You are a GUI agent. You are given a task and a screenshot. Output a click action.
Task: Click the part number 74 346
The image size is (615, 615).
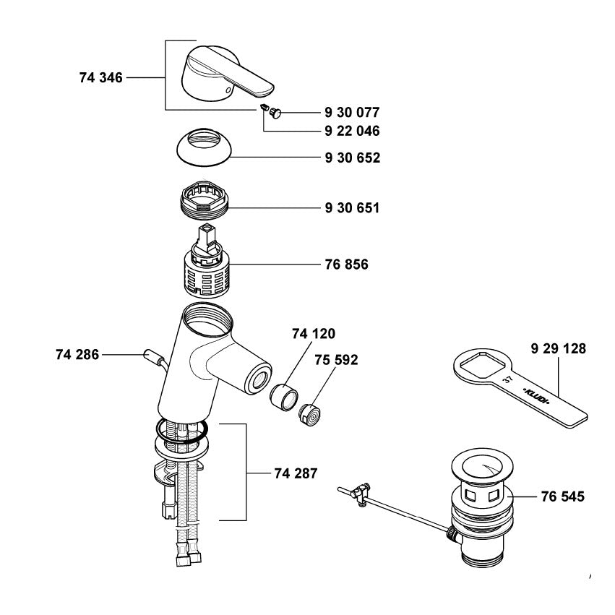pos(101,77)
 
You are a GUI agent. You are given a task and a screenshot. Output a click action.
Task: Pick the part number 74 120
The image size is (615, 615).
pos(314,334)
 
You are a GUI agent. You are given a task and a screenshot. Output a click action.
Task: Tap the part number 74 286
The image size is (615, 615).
pos(77,354)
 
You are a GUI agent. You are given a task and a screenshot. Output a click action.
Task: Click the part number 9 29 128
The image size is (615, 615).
pos(557,348)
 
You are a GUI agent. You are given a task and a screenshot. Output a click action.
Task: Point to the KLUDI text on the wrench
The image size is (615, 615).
pos(536,396)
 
